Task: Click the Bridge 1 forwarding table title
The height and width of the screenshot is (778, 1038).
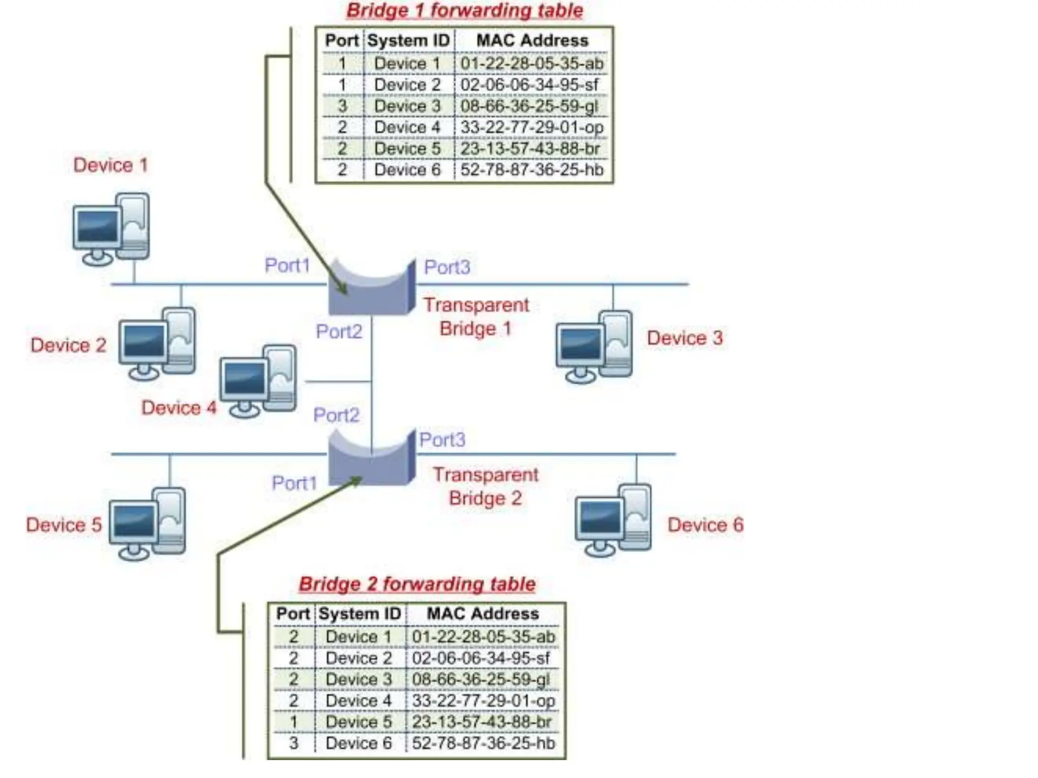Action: coord(464,11)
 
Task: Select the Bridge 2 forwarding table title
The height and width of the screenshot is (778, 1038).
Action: coord(417,584)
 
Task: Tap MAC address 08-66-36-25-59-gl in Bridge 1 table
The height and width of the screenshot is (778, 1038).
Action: coord(529,106)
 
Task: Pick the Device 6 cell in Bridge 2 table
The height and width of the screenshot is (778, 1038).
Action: coord(358,743)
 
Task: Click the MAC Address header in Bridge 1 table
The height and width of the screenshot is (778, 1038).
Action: coord(532,41)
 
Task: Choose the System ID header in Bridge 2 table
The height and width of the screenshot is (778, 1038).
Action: coord(360,614)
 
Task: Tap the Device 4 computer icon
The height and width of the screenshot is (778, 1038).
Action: coord(258,381)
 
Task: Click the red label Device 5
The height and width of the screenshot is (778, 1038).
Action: coord(64,525)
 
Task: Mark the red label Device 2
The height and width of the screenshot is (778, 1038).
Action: coord(68,345)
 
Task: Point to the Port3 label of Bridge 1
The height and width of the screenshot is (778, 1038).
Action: coord(447,267)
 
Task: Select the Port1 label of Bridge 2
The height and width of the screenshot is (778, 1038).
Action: coord(294,483)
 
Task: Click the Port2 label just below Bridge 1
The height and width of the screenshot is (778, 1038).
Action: coord(339,332)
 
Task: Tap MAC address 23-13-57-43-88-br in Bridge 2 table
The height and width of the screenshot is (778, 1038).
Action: coord(481,722)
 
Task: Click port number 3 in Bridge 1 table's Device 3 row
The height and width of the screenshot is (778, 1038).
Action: coord(342,106)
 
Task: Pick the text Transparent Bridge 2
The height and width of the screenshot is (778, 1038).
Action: coord(485,486)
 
